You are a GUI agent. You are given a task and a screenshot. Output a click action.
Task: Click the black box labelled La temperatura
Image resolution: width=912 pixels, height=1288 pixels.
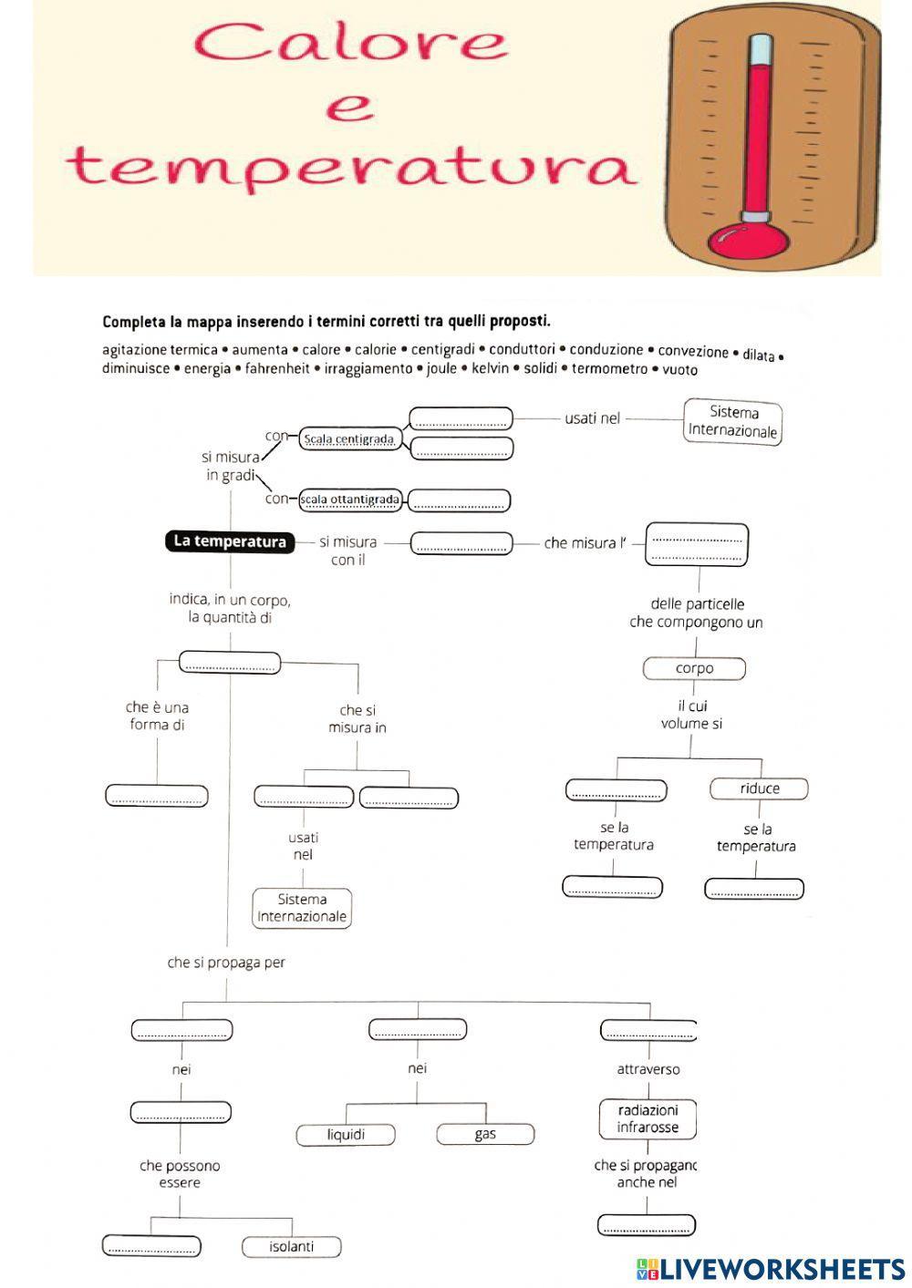pyautogui.click(x=230, y=541)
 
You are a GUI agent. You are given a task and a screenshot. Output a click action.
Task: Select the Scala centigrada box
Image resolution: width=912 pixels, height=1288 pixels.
pyautogui.click(x=349, y=439)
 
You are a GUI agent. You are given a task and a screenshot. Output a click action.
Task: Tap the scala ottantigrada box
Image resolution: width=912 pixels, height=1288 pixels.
pyautogui.click(x=350, y=500)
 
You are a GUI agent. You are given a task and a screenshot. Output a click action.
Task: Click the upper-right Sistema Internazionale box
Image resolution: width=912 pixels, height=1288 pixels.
pyautogui.click(x=733, y=421)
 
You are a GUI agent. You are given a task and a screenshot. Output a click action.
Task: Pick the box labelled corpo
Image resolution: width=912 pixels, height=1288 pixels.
pyautogui.click(x=694, y=668)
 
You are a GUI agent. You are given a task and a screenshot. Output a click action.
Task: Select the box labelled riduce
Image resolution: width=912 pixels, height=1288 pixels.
pyautogui.click(x=760, y=788)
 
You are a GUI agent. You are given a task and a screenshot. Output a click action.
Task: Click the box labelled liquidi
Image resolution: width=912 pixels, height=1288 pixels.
pyautogui.click(x=346, y=1134)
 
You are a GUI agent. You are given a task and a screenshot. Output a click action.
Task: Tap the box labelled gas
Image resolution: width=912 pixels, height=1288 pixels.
pyautogui.click(x=485, y=1134)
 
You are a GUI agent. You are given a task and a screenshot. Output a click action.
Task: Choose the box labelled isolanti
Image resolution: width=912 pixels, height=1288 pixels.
pyautogui.click(x=292, y=1246)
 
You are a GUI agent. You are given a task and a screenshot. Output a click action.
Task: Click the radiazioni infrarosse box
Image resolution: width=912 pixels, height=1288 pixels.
pyautogui.click(x=648, y=1118)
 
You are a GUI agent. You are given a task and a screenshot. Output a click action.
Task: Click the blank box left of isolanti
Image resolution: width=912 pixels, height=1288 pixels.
pyautogui.click(x=151, y=1246)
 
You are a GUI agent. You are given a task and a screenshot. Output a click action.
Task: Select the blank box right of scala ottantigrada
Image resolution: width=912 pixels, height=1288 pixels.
pyautogui.click(x=459, y=500)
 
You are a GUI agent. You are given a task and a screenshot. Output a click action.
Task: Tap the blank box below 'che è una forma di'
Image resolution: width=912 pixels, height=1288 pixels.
pyautogui.click(x=157, y=796)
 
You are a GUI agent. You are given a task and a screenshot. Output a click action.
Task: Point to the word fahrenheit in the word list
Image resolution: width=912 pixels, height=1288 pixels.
pyautogui.click(x=277, y=368)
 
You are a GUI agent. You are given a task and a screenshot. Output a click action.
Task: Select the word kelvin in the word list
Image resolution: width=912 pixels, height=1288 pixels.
pyautogui.click(x=490, y=368)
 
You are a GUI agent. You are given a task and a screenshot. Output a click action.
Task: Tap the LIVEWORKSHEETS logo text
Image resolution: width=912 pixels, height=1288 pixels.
pyautogui.click(x=781, y=1269)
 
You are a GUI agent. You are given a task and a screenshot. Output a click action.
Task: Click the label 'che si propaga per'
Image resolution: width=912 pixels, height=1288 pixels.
pyautogui.click(x=226, y=963)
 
